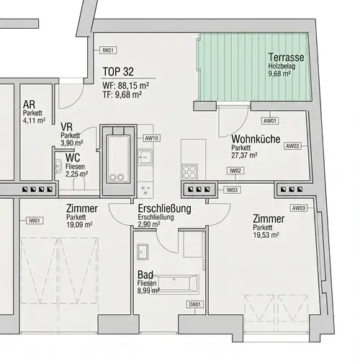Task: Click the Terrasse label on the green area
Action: point(286,57)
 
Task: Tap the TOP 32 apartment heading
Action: point(120,72)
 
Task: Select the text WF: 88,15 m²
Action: point(126,84)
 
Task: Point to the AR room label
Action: point(30,105)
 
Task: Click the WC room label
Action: point(72,157)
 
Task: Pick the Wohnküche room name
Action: point(256,141)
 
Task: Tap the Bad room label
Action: point(145,275)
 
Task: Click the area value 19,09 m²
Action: point(81,224)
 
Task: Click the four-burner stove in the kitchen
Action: point(190,172)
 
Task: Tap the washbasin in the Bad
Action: point(143,252)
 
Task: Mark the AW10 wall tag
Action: point(151,137)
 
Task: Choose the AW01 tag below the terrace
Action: point(271,120)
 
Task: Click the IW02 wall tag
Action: point(235,171)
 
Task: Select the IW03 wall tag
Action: point(231,190)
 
